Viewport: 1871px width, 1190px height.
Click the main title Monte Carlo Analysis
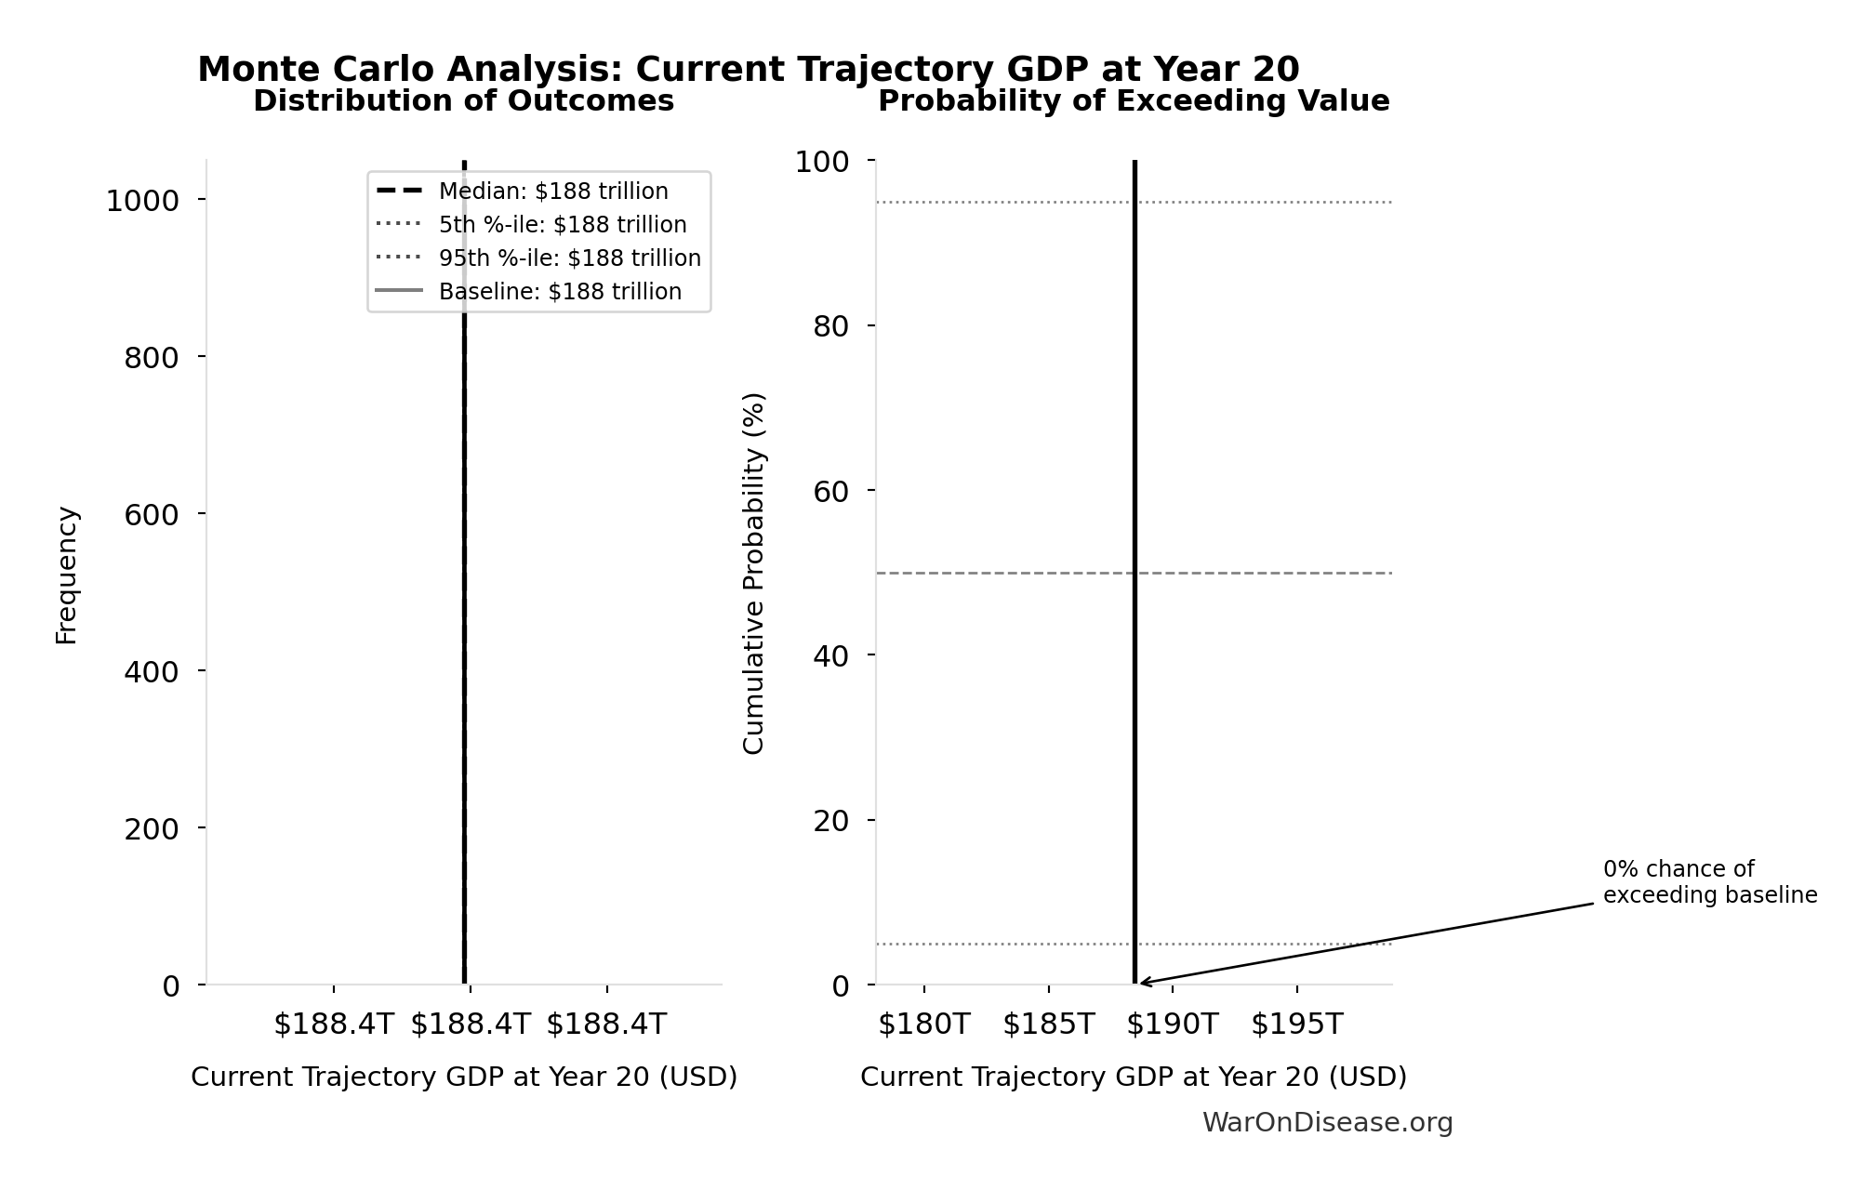click(748, 70)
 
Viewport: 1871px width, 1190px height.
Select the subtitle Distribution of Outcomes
click(463, 101)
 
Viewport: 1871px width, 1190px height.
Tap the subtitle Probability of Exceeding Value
click(1134, 101)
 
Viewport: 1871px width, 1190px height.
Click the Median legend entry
click(552, 192)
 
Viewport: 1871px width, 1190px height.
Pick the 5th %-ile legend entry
click(562, 225)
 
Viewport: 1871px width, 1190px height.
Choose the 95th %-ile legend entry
click(569, 258)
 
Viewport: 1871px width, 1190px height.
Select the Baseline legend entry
click(560, 292)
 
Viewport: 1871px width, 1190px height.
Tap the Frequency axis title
click(67, 575)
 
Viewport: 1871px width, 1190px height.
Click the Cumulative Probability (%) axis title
click(753, 573)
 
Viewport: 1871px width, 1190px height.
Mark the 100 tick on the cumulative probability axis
click(821, 162)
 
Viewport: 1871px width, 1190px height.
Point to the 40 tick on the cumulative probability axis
click(830, 655)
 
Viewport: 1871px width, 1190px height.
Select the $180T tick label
click(923, 1025)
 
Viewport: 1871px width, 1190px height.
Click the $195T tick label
click(1296, 1025)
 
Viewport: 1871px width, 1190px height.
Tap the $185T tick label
click(1048, 1025)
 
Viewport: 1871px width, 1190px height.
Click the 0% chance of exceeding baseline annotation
click(1709, 882)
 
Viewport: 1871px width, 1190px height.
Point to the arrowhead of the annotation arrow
click(1143, 983)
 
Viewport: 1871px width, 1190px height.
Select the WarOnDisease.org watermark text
click(1327, 1123)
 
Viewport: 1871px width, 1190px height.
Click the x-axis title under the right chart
click(1133, 1077)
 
